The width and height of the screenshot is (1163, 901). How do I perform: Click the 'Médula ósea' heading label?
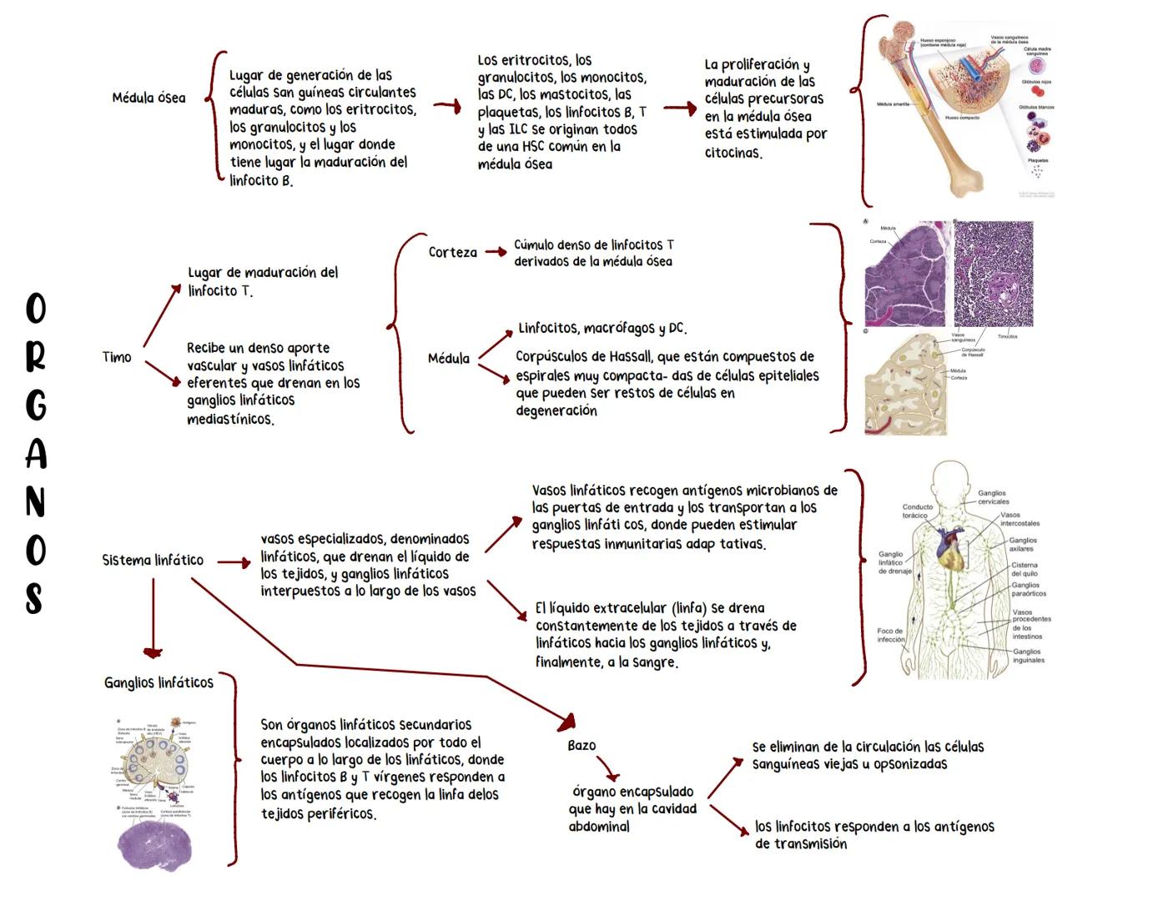[x=149, y=98]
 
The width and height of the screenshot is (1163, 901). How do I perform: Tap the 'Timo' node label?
[x=117, y=357]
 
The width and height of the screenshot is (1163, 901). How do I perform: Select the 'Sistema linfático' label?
[x=153, y=560]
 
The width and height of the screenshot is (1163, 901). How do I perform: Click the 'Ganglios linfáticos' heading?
[x=159, y=682]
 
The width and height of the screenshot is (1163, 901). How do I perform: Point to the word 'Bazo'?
[x=581, y=745]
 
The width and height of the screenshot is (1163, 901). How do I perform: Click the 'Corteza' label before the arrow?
[x=453, y=252]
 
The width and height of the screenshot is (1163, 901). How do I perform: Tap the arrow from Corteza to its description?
[x=496, y=251]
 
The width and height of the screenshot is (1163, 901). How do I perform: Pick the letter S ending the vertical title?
[x=34, y=598]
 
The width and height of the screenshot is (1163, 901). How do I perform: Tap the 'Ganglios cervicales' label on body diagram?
[x=993, y=497]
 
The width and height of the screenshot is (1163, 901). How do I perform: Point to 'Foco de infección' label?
[x=891, y=635]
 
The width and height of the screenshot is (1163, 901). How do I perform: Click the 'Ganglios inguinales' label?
[x=1027, y=656]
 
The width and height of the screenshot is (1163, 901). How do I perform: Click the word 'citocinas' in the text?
[x=733, y=153]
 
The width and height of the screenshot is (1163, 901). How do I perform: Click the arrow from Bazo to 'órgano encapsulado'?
[x=608, y=766]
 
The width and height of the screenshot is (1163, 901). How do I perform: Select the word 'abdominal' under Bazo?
[x=599, y=827]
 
